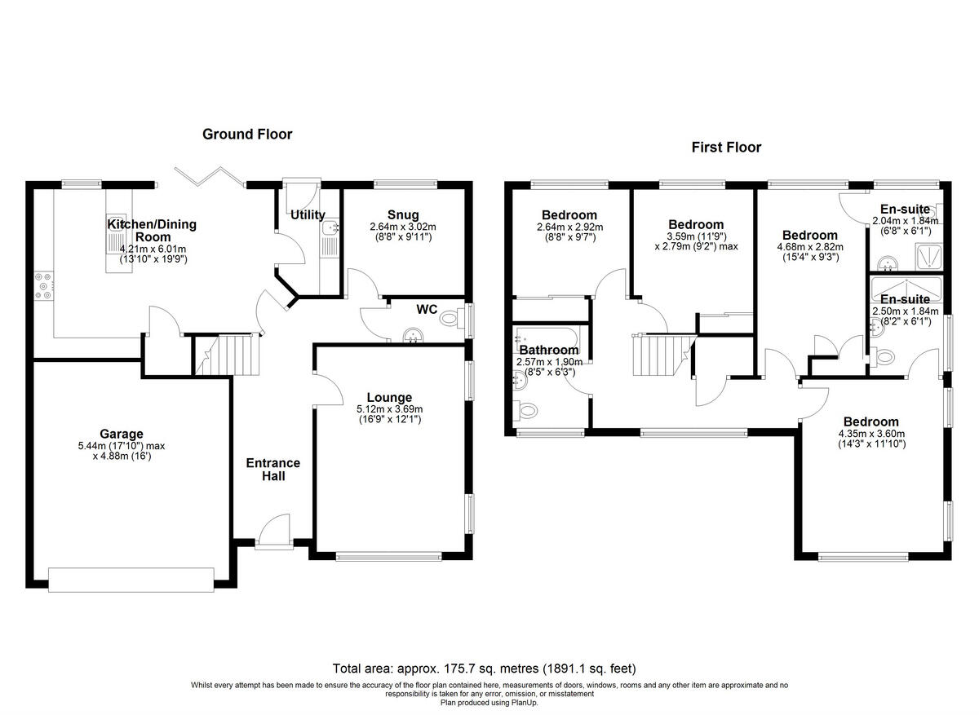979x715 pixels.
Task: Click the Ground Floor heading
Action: (x=247, y=135)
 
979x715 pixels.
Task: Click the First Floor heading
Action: (x=726, y=148)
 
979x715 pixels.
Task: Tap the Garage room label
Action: (x=122, y=434)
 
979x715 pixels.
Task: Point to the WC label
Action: (x=427, y=310)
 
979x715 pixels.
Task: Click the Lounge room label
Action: (x=389, y=398)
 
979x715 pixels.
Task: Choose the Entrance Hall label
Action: (x=273, y=469)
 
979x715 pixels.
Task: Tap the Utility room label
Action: (x=308, y=215)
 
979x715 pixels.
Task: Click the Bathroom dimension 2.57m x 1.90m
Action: (x=548, y=362)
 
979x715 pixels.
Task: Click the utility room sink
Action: (x=330, y=229)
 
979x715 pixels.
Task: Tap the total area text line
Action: (x=484, y=668)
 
